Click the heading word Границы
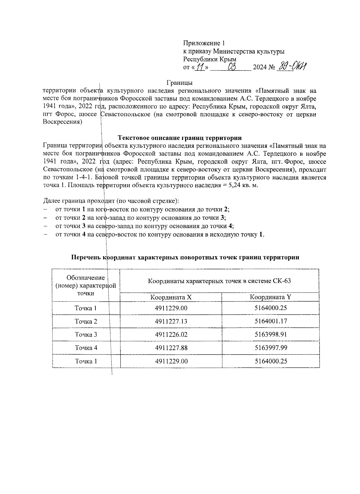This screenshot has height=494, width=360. pos(179,82)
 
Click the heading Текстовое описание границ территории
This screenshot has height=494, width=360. pos(180,138)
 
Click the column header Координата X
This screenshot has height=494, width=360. pos(171,297)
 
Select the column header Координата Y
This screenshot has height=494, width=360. pos(271,297)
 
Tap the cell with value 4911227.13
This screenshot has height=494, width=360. pos(171,321)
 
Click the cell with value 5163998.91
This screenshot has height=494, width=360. pos(271,335)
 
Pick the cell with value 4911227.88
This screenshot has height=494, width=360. pos(171,348)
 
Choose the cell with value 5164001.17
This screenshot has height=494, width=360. pos(271,321)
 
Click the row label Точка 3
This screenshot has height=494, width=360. pos(86,335)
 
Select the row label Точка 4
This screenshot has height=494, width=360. pos(86,348)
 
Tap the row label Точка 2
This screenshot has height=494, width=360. pos(86,321)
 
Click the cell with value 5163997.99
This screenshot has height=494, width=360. pos(271,348)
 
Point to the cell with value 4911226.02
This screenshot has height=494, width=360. pos(171,335)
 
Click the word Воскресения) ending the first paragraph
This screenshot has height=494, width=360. pos(62,122)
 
